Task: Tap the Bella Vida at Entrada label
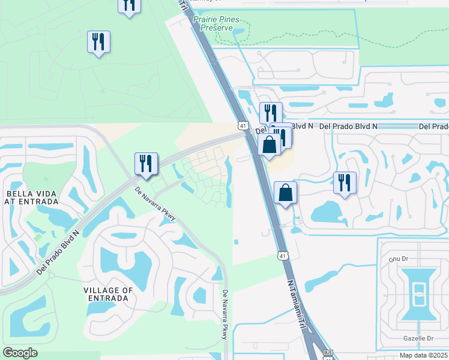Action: click(31, 198)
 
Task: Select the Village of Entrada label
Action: click(109, 294)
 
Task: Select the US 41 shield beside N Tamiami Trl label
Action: click(282, 256)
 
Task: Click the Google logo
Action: click(20, 352)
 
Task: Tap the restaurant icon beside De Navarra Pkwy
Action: click(146, 163)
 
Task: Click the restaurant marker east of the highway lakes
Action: click(345, 182)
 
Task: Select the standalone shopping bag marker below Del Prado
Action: click(286, 193)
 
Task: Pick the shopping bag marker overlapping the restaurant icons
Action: click(269, 144)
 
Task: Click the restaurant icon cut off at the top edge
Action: click(128, 5)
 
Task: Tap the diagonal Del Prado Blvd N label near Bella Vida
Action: click(59, 252)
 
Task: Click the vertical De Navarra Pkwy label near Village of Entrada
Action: click(224, 315)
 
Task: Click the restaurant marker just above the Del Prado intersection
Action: click(271, 113)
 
